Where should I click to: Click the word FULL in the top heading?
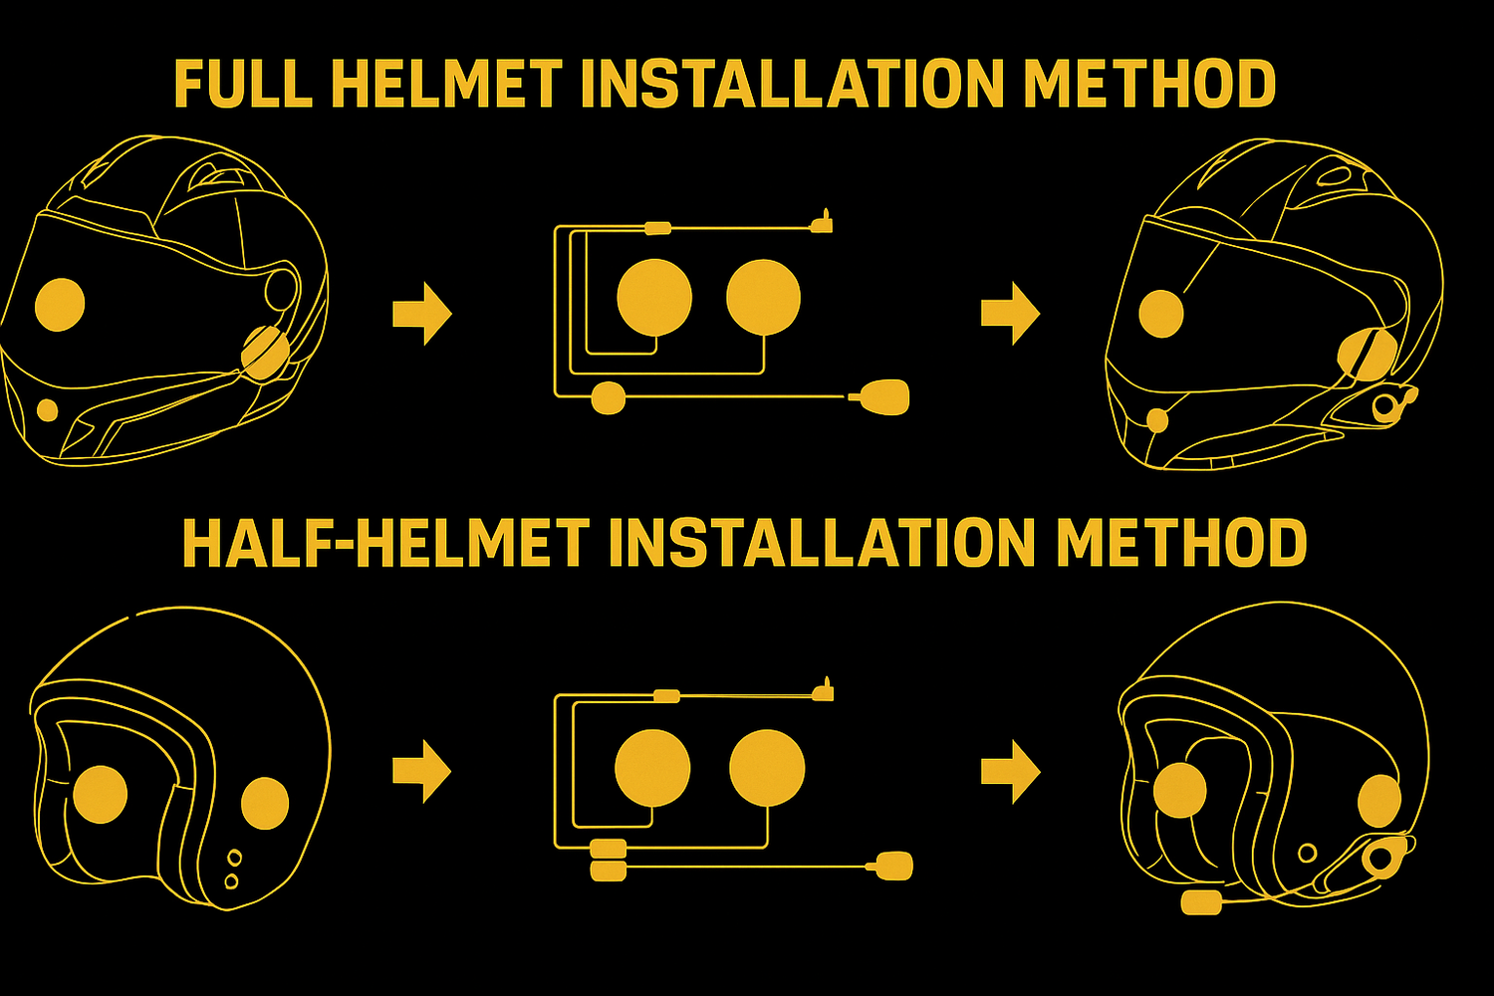(243, 84)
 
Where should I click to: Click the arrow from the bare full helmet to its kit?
(422, 314)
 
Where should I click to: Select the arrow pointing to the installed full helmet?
(1011, 313)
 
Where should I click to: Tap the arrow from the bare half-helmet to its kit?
(422, 771)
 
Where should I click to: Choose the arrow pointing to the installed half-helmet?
(1011, 771)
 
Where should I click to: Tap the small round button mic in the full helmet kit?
(609, 397)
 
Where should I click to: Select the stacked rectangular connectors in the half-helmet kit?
(609, 860)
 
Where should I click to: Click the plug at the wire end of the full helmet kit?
(823, 223)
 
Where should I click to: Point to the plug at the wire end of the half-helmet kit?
(823, 692)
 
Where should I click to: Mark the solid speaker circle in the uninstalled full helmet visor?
(60, 304)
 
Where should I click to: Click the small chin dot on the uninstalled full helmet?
(47, 410)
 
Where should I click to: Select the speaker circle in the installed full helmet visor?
(1161, 314)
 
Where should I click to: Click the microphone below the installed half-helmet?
(1201, 903)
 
